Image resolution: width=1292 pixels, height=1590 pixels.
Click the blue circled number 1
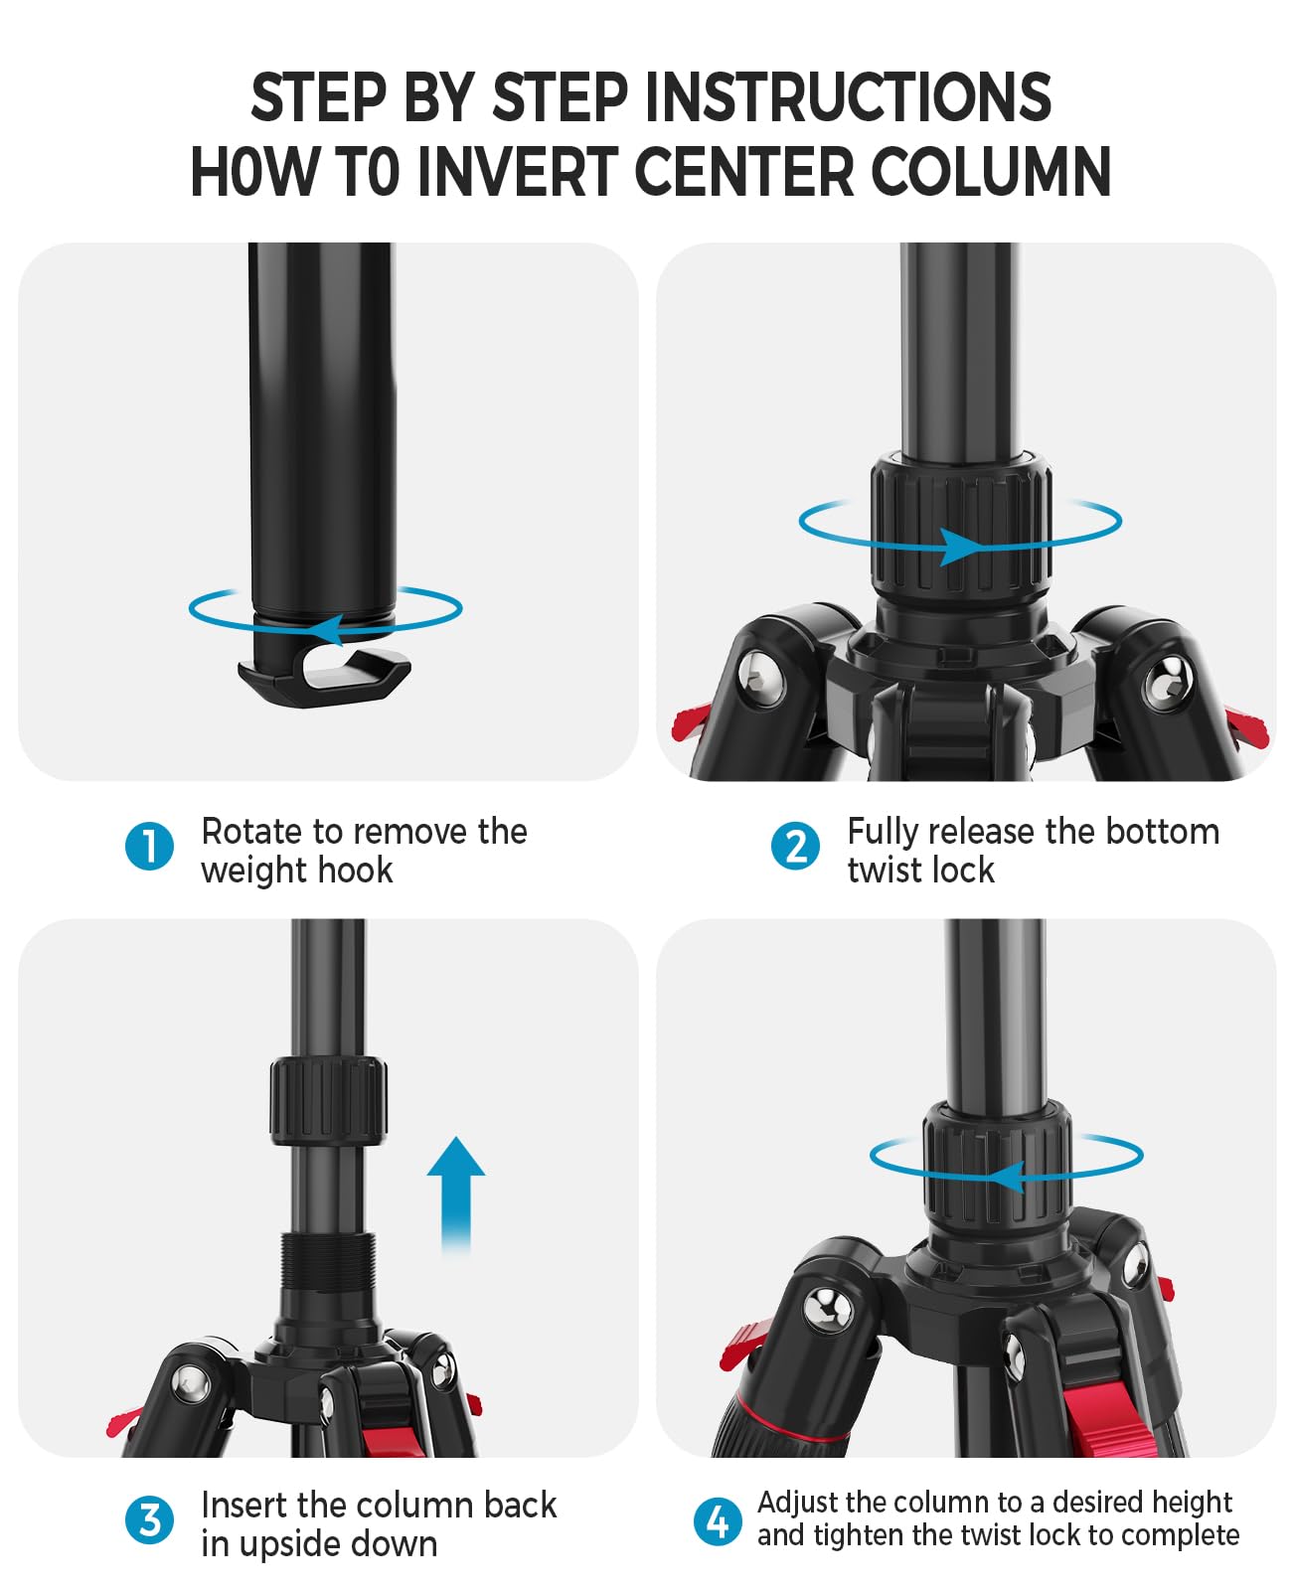[149, 846]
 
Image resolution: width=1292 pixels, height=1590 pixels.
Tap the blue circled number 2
[795, 846]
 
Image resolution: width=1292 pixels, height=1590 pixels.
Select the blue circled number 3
[149, 1520]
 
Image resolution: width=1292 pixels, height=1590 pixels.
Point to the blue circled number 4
[717, 1520]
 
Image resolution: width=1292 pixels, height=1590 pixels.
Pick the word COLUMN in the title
[990, 171]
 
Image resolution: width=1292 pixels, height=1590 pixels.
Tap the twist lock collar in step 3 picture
[328, 1101]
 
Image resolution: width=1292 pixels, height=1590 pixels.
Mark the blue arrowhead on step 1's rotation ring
[325, 629]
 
